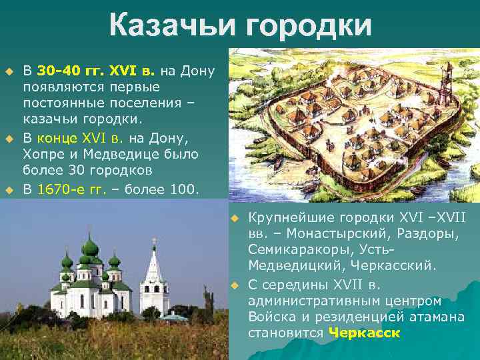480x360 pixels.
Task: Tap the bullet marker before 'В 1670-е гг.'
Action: click(x=9, y=190)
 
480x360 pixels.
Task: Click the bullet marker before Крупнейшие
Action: click(x=234, y=219)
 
